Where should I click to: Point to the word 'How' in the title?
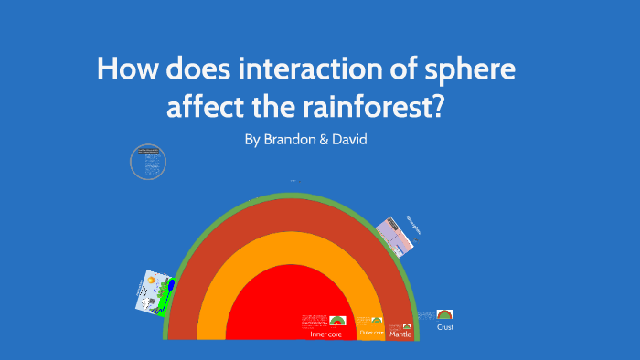(126, 70)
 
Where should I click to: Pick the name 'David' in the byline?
(359, 143)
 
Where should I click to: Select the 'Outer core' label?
(371, 334)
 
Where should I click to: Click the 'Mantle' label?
(400, 334)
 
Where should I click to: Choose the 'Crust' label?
(445, 327)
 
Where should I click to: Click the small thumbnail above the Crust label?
(445, 315)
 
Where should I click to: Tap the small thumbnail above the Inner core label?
(337, 321)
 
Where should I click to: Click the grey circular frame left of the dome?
(146, 163)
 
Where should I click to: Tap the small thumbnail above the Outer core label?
(376, 321)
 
